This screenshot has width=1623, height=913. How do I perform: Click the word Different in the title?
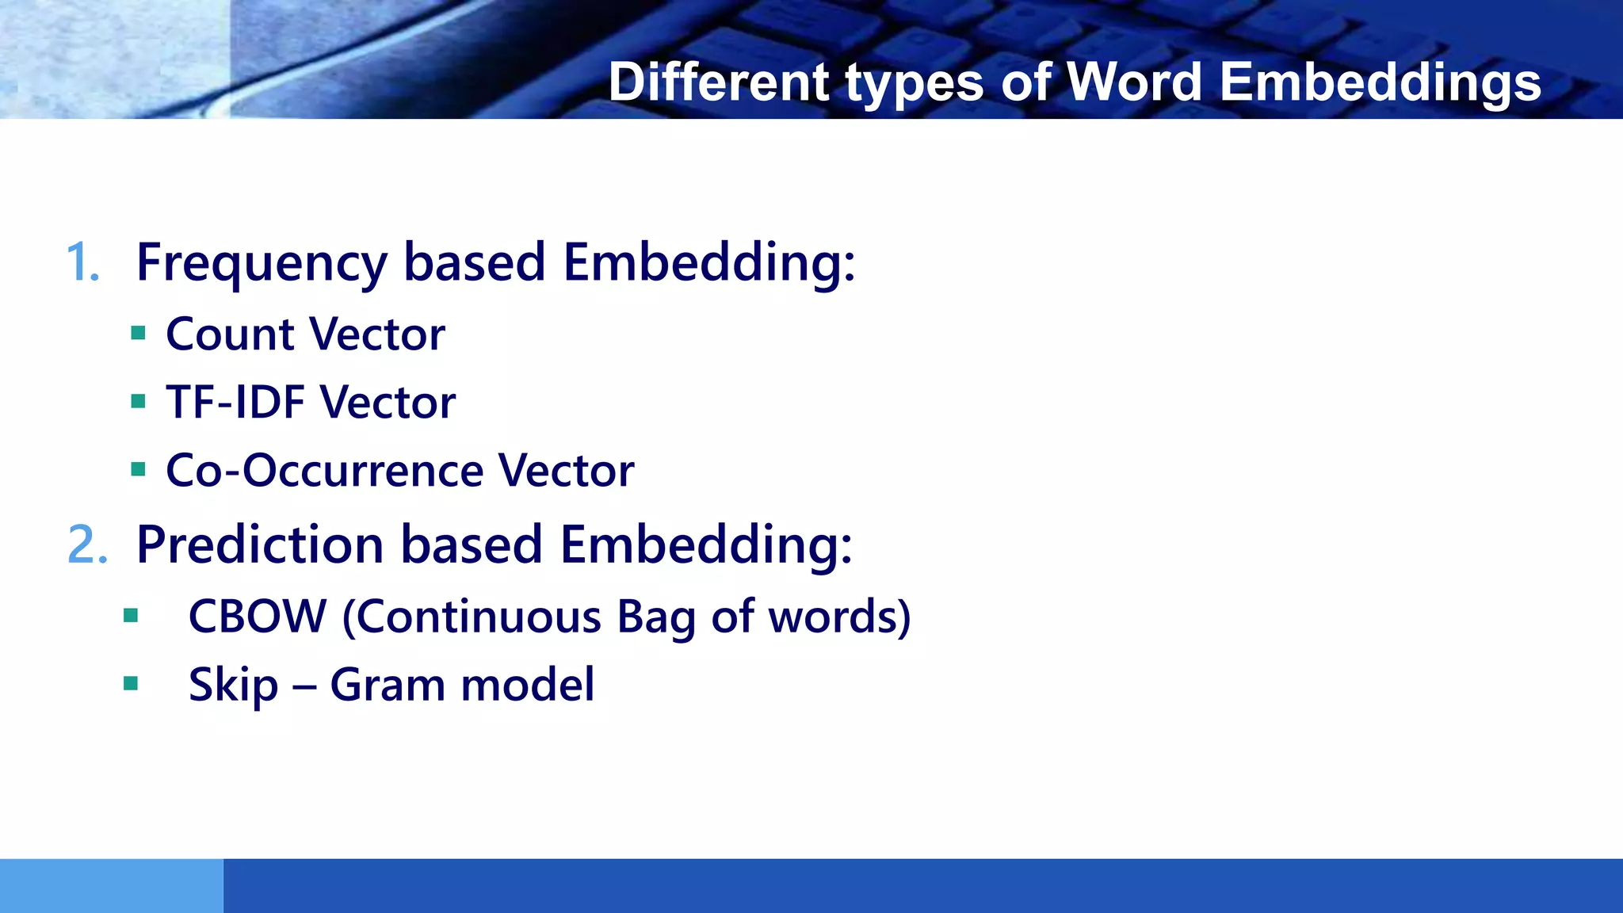click(x=718, y=82)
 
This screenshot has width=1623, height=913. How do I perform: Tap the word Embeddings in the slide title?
click(x=1380, y=82)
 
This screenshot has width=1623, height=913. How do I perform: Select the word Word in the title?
click(x=1133, y=82)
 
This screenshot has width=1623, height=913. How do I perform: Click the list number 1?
click(x=82, y=262)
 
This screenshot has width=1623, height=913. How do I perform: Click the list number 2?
click(x=87, y=545)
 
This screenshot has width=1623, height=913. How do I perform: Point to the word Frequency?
click(x=262, y=262)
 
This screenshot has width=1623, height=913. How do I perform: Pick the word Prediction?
click(x=260, y=545)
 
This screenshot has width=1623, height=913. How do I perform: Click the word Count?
click(x=230, y=334)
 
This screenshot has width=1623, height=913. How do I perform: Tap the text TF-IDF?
click(x=235, y=402)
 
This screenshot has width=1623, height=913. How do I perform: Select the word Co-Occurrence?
click(x=323, y=470)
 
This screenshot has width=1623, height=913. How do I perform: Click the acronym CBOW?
click(x=258, y=616)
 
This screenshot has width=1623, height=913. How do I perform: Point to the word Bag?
click(x=655, y=616)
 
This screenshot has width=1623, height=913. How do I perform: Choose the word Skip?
click(x=233, y=685)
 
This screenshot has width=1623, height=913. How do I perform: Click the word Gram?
click(x=387, y=685)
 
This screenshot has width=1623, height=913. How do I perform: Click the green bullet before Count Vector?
click(x=139, y=333)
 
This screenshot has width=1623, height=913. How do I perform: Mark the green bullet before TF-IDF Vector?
click(x=139, y=401)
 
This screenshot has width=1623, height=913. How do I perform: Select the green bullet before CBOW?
click(x=132, y=615)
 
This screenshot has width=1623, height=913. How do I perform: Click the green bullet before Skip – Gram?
click(x=132, y=683)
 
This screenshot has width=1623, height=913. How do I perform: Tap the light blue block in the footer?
click(x=111, y=885)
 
